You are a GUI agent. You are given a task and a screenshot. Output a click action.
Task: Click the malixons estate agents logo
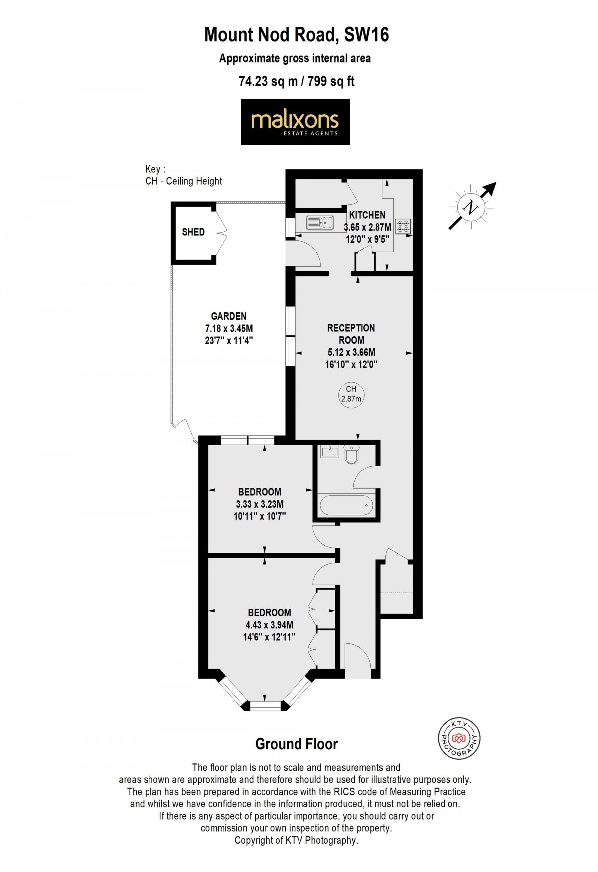(x=295, y=122)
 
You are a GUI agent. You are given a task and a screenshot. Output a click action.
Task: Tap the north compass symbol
(x=471, y=207)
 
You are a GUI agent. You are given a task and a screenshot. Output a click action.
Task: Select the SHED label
(x=193, y=232)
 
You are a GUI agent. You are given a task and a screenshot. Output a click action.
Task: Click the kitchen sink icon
(x=320, y=222)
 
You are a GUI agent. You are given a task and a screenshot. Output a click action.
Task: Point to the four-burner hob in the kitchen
(x=403, y=227)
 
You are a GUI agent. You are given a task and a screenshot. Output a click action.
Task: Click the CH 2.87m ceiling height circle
(x=351, y=394)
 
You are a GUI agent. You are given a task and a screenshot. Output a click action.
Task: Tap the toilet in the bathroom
(x=351, y=454)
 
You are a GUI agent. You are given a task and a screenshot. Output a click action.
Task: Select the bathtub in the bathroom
(x=346, y=505)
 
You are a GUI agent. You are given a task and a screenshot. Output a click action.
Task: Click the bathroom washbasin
(x=330, y=452)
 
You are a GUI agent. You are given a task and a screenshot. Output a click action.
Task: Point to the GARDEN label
(x=229, y=316)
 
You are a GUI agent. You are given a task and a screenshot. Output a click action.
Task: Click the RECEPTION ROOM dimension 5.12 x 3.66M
(x=351, y=352)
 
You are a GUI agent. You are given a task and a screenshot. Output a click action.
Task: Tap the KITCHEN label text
(x=367, y=215)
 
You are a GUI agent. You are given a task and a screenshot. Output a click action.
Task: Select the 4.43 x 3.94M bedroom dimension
(x=269, y=625)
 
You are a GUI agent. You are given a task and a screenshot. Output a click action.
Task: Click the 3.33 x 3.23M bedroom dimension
(x=260, y=504)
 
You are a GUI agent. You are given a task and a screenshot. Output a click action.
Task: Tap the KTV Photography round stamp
(x=459, y=739)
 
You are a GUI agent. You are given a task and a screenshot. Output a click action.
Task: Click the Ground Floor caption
(x=297, y=744)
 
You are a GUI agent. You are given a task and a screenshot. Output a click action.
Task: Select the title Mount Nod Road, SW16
(x=297, y=35)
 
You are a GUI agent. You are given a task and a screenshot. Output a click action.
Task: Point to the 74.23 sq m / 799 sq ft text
(x=297, y=81)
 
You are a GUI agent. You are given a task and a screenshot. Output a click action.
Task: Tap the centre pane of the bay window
(x=265, y=705)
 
